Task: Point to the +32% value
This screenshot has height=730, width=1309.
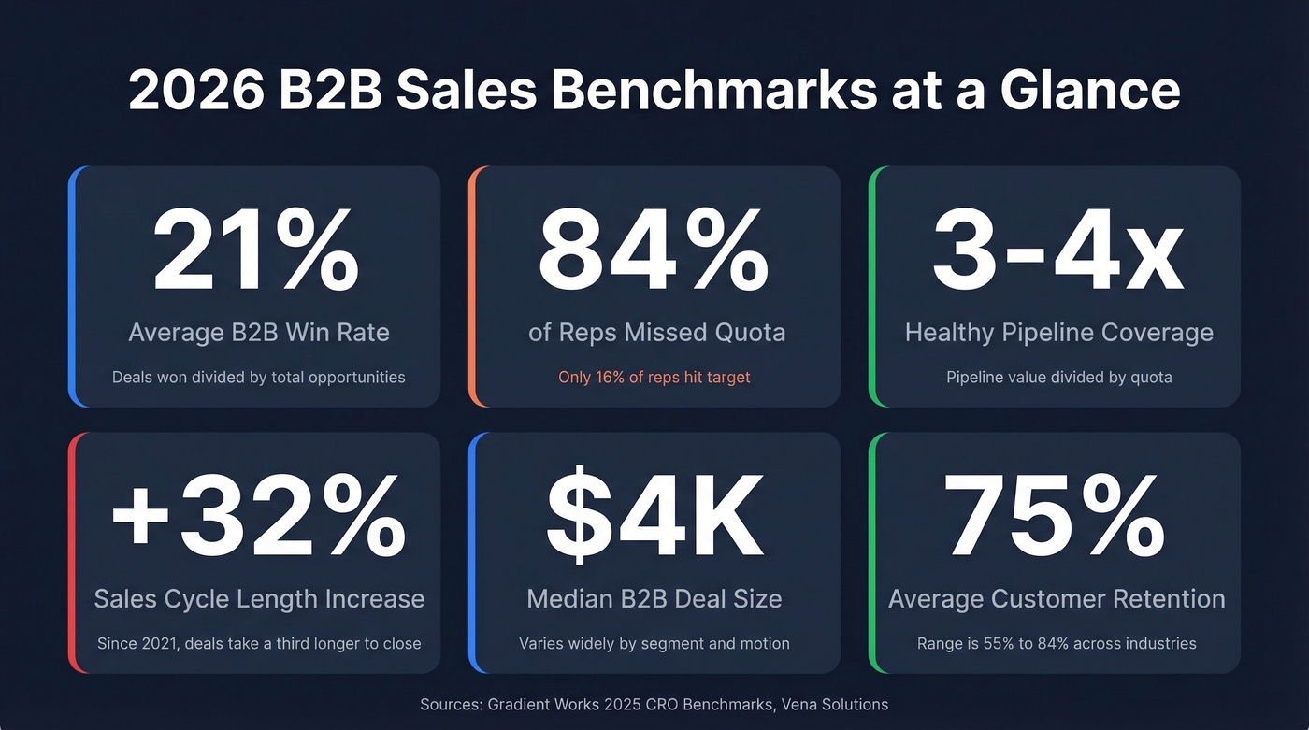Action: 258,518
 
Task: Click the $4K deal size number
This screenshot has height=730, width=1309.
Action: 654,518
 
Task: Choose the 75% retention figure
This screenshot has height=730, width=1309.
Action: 1056,518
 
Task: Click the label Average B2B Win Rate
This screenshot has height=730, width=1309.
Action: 258,332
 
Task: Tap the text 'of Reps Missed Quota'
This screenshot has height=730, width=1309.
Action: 656,332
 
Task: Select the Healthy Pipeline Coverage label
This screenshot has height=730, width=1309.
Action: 1058,332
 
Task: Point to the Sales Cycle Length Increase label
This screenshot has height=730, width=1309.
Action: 259,598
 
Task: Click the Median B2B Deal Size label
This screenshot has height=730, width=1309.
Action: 654,598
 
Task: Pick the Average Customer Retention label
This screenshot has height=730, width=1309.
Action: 1057,598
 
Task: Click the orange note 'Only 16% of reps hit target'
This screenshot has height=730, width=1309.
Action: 654,378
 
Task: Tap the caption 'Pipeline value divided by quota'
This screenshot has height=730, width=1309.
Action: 1058,378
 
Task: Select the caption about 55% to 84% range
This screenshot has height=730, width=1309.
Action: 1057,643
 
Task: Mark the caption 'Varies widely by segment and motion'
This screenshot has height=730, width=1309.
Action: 654,643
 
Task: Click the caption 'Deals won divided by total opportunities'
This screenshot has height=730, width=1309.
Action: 258,378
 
